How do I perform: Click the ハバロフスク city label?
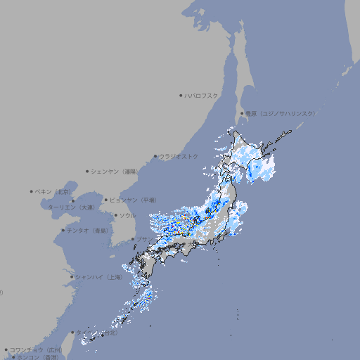point(202,95)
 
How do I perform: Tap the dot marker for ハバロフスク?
point(181,95)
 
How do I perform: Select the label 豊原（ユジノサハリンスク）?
point(280,113)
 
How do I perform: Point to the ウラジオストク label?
point(179,156)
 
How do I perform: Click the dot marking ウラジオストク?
point(155,157)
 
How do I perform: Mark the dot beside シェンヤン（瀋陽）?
point(88,171)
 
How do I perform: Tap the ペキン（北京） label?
point(54,191)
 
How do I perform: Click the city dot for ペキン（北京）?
point(32,191)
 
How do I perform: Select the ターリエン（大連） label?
point(70,207)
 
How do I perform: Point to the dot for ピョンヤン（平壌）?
point(107,200)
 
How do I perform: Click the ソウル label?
point(127,215)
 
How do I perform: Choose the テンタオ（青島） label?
point(87,230)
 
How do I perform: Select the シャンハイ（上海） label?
point(98,277)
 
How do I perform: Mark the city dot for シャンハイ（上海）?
point(72,277)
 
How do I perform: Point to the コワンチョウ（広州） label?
point(36,349)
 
